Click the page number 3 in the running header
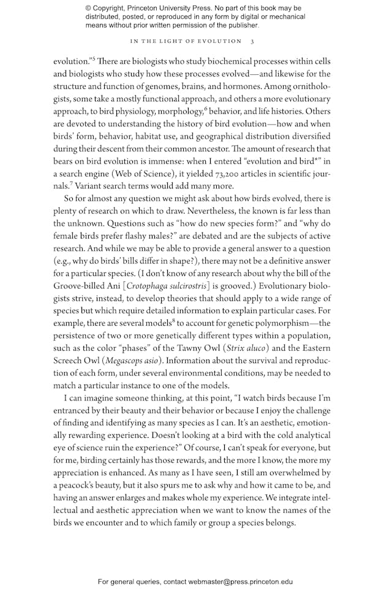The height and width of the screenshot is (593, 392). click(252, 41)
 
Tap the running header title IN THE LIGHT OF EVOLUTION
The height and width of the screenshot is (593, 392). click(186, 41)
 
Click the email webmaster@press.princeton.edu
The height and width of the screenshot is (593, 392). click(241, 581)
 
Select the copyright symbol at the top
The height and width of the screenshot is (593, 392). click(89, 8)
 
